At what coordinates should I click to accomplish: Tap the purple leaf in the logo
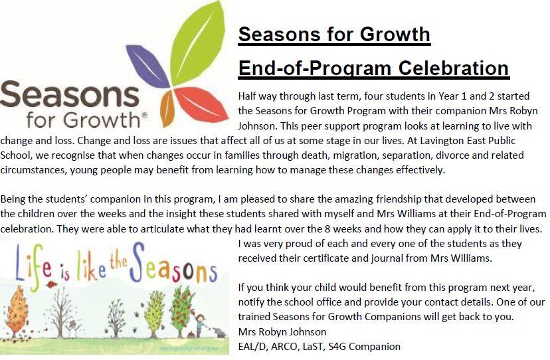click(148, 66)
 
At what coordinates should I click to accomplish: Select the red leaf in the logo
click(201, 104)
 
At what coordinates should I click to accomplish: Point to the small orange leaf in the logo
click(167, 108)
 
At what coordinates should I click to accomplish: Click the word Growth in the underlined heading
click(395, 34)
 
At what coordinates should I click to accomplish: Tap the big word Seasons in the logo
click(70, 94)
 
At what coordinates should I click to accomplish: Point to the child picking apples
click(201, 325)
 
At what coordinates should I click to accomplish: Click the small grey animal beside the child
click(220, 333)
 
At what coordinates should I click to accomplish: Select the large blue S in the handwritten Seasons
click(137, 262)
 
